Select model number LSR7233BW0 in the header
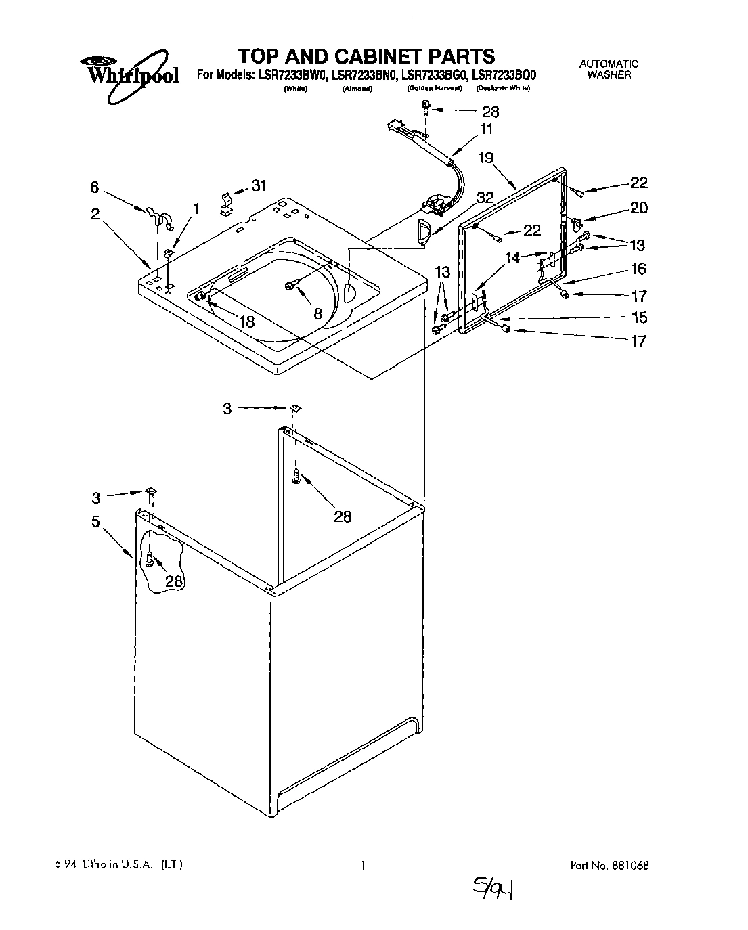point(290,76)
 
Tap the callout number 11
point(486,129)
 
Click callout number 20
point(638,208)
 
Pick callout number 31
point(259,186)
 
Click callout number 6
point(95,187)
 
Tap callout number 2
point(95,214)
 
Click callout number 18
point(246,322)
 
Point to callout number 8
point(317,313)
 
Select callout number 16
point(638,269)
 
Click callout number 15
point(638,317)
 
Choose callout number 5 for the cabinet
point(95,521)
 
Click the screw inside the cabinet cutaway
point(150,558)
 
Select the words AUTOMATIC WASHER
point(609,69)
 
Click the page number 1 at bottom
point(364,865)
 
